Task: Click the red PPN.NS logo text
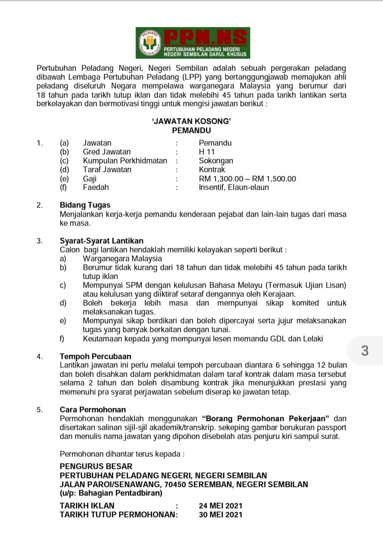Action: pos(207,37)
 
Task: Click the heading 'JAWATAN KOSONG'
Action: pos(191,121)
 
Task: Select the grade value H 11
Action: pos(207,152)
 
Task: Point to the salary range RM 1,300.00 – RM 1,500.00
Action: pos(247,179)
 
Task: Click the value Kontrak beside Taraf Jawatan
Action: pos(212,170)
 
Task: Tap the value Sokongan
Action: pos(216,161)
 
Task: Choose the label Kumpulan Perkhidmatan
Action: pos(125,161)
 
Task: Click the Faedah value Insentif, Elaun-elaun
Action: pos(234,187)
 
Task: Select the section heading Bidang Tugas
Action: pos(85,205)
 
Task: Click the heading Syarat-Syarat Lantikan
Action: pos(101,241)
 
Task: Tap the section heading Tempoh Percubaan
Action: pos(95,356)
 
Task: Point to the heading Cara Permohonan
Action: pos(93,410)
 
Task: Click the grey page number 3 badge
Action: pos(365,351)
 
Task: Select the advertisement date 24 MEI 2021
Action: pos(221,506)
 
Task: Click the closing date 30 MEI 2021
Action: pos(221,515)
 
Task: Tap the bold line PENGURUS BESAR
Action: pos(96,466)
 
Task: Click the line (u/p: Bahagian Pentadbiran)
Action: pos(111,493)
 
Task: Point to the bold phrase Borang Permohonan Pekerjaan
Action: pos(266,419)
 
